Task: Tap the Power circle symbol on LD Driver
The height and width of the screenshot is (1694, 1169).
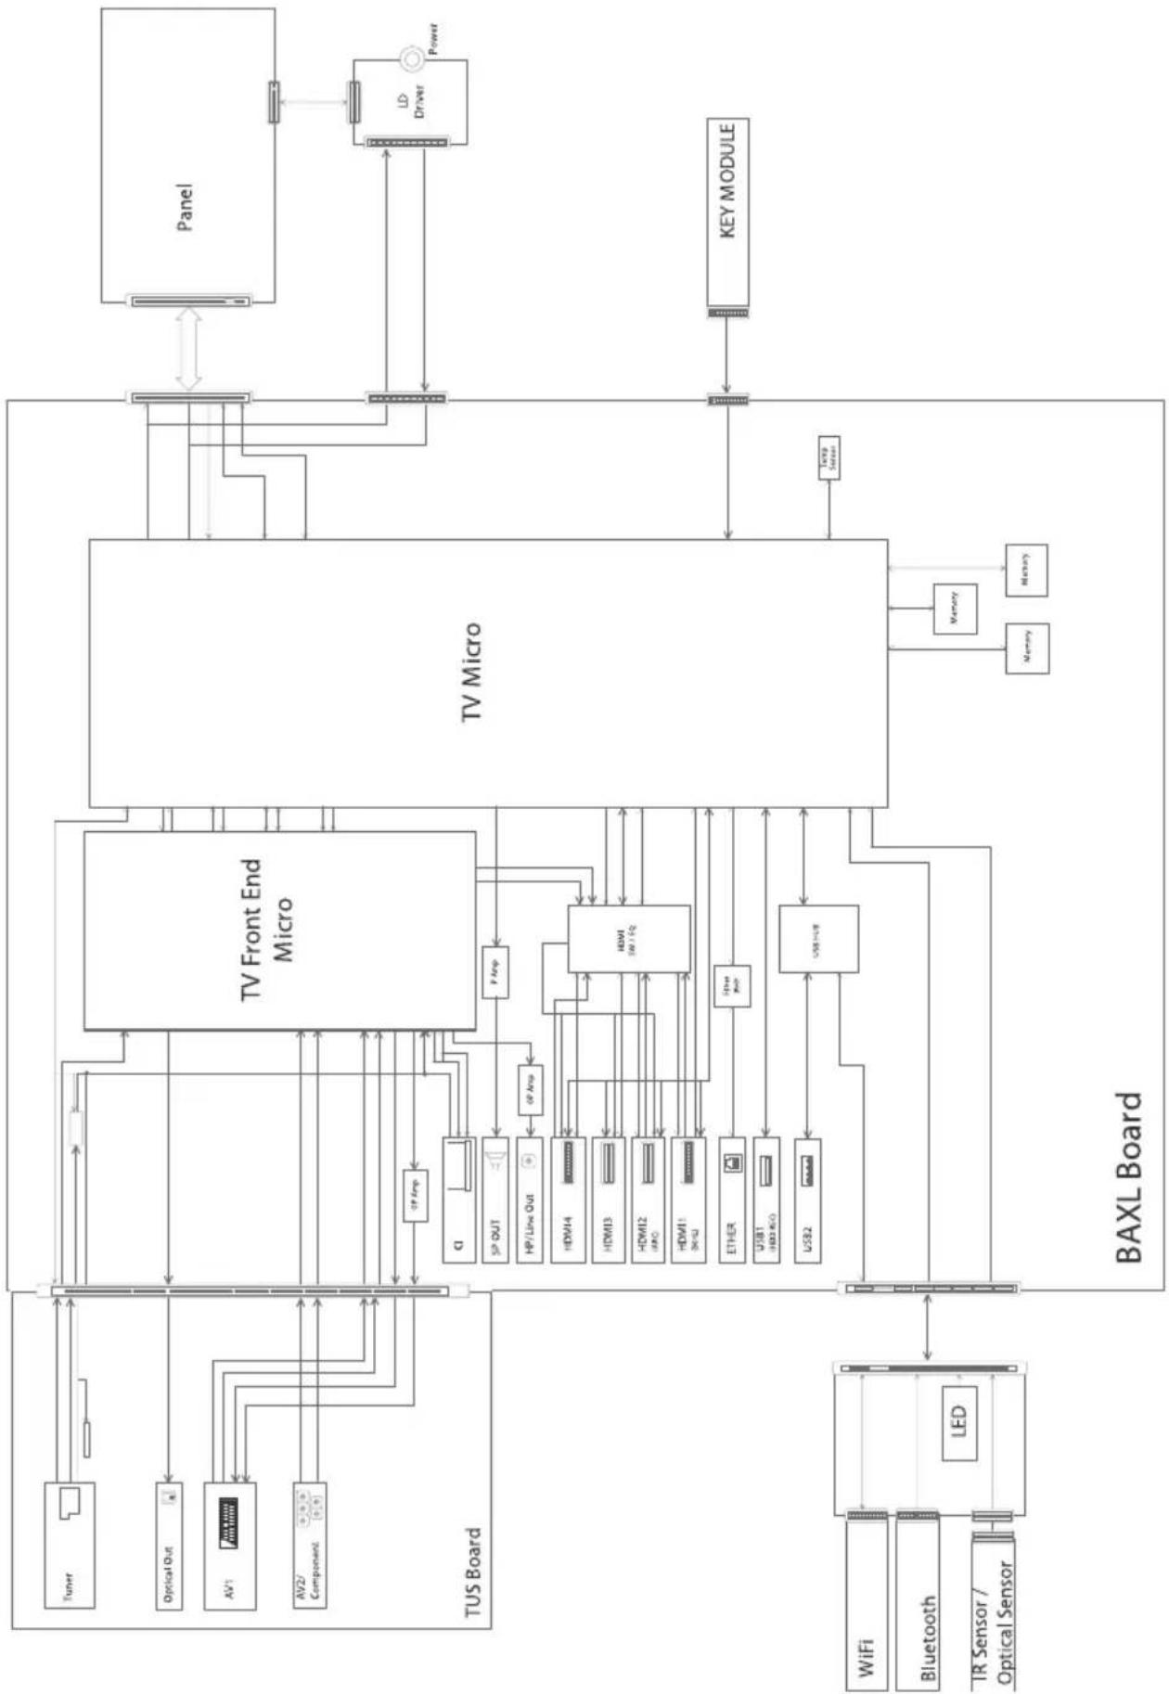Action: (x=411, y=58)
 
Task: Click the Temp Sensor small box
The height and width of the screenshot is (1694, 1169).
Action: (x=829, y=457)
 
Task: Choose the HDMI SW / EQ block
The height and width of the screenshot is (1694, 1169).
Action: (x=629, y=939)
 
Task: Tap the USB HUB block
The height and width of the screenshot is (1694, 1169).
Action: (x=817, y=939)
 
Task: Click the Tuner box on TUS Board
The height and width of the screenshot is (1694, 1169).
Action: (x=70, y=1545)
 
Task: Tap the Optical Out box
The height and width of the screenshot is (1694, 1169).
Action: (x=169, y=1545)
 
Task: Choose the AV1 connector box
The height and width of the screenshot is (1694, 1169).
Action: (x=229, y=1545)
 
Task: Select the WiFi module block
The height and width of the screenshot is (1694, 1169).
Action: (x=867, y=1605)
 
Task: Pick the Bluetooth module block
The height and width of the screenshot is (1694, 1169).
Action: (x=918, y=1605)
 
